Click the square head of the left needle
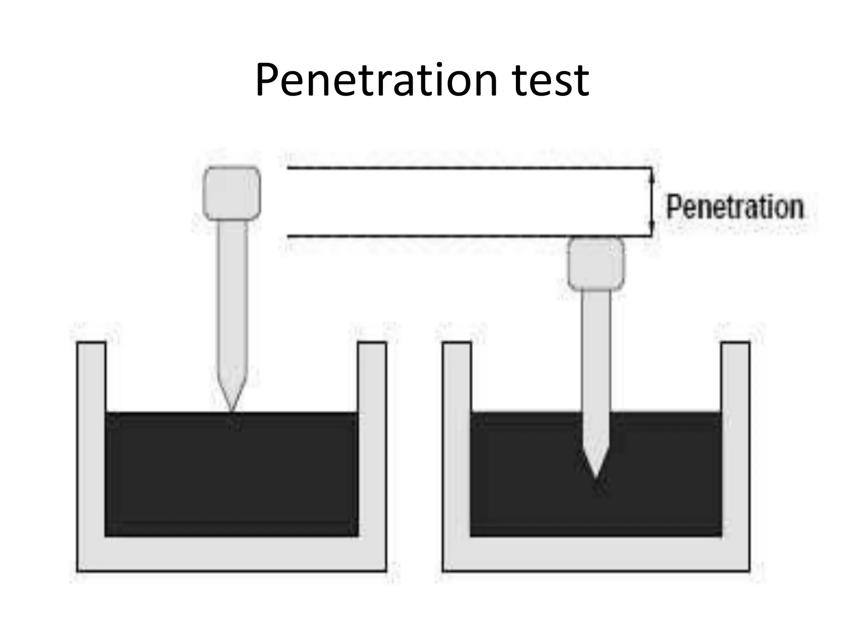point(232,193)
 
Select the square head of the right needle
point(595,264)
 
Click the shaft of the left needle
point(233,297)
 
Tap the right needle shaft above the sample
point(595,350)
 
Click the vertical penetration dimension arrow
point(652,202)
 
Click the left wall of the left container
point(91,437)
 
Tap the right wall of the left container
point(372,437)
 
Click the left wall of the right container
point(456,437)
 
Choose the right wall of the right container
point(735,437)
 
